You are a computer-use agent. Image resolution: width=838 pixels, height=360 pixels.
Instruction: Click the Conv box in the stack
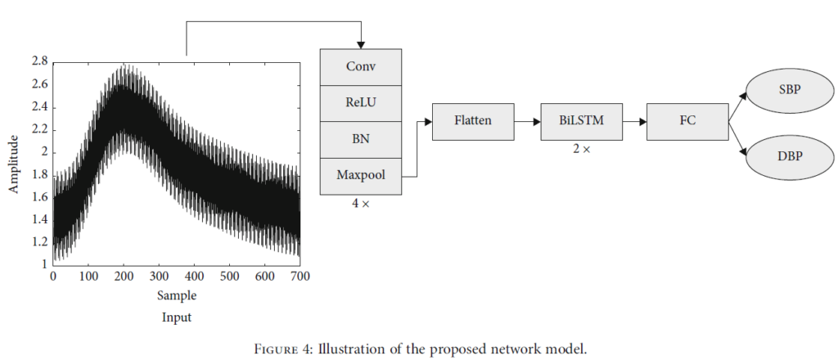click(361, 67)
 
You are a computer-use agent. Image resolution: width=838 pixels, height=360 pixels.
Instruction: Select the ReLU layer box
click(361, 103)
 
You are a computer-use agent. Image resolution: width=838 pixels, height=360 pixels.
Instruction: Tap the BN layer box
click(361, 139)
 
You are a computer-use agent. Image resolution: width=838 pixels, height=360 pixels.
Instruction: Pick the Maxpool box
click(361, 175)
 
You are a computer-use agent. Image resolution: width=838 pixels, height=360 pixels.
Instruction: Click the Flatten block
click(473, 121)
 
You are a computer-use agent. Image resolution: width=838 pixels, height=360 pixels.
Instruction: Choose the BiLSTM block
click(582, 121)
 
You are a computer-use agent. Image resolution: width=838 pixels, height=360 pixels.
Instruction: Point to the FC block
click(687, 121)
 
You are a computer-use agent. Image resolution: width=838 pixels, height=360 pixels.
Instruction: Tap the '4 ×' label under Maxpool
click(360, 203)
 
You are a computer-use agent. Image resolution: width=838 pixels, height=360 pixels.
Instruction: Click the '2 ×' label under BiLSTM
click(582, 150)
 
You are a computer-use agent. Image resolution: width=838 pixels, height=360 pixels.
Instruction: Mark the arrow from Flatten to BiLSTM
click(527, 121)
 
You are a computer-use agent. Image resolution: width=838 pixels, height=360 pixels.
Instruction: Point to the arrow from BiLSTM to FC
click(634, 121)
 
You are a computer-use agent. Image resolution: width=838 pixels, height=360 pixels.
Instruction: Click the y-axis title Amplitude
click(14, 164)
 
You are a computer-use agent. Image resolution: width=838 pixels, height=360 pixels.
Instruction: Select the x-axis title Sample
click(177, 295)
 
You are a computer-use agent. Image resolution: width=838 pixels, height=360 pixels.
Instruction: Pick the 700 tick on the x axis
click(300, 277)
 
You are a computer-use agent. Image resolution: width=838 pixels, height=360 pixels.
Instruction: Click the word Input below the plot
click(177, 317)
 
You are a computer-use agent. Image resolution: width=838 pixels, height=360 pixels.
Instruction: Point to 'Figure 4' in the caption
click(281, 349)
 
